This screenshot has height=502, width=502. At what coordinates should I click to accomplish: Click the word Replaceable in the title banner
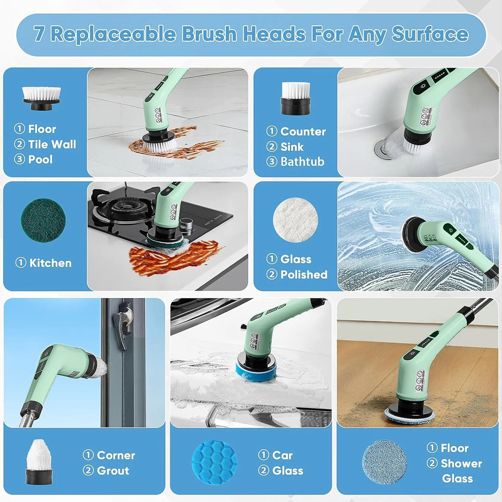coord(113,34)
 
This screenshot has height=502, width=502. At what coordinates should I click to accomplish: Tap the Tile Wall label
coord(52,144)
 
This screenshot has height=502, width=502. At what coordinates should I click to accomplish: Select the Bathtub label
coord(302,162)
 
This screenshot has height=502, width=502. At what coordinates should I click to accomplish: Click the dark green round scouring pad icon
coord(43,220)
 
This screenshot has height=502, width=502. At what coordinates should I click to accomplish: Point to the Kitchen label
coord(50,263)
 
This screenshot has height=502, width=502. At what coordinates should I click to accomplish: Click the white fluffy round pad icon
coord(295,220)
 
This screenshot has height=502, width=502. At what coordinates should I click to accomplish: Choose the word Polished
coord(304,274)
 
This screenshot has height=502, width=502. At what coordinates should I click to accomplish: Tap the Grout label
coord(113,470)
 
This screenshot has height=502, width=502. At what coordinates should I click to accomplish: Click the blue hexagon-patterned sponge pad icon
coord(214,462)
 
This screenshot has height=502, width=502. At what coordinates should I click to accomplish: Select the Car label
coord(282,455)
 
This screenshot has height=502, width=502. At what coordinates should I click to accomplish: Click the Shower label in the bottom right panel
coord(461,463)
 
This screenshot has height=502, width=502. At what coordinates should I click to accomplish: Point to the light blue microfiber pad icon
coord(384,462)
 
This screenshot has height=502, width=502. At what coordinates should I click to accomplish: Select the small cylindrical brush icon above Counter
coord(295,98)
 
